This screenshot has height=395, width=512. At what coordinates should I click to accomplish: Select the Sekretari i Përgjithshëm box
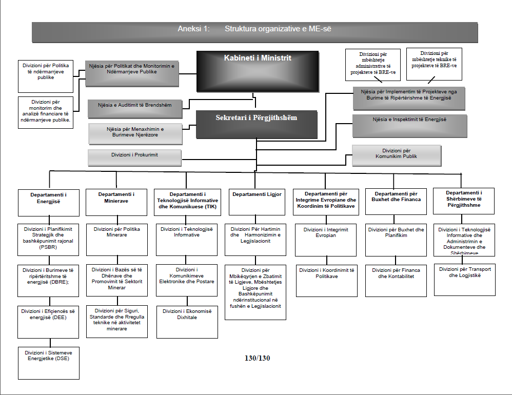point(256,124)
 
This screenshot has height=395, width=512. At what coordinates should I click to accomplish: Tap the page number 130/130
point(257,358)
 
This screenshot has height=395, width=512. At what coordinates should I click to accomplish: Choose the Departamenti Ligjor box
point(257,202)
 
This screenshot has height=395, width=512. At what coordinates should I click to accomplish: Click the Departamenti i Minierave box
point(116,202)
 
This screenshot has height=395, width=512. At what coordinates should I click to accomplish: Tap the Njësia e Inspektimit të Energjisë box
point(409,126)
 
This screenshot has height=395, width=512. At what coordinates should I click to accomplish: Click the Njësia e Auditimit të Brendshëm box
point(135,108)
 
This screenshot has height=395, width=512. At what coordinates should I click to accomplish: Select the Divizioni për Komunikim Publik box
point(396,155)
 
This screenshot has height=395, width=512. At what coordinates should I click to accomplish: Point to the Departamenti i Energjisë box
point(49,202)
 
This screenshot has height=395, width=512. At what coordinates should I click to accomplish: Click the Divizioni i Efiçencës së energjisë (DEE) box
point(49,321)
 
